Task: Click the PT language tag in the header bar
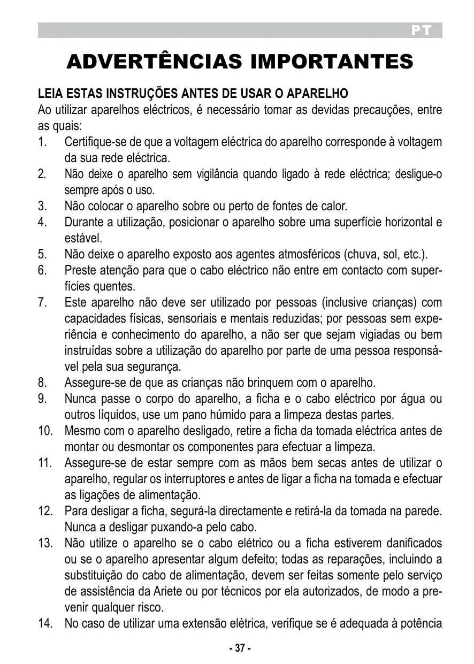(x=421, y=31)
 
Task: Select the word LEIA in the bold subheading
(x=50, y=94)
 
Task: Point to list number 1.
(x=42, y=143)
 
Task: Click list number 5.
(x=42, y=254)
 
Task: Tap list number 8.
(x=42, y=383)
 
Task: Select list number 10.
(x=44, y=431)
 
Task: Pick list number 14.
(x=44, y=623)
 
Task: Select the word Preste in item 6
(x=79, y=271)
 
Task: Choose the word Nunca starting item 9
(x=80, y=399)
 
